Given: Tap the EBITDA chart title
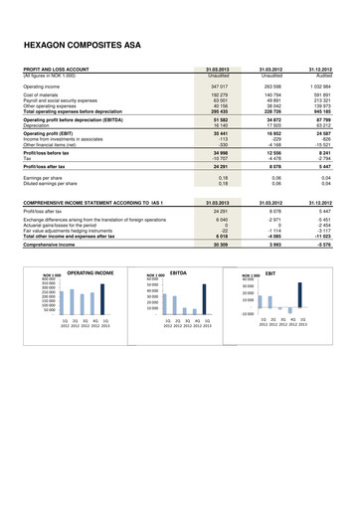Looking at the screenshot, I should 180,270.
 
